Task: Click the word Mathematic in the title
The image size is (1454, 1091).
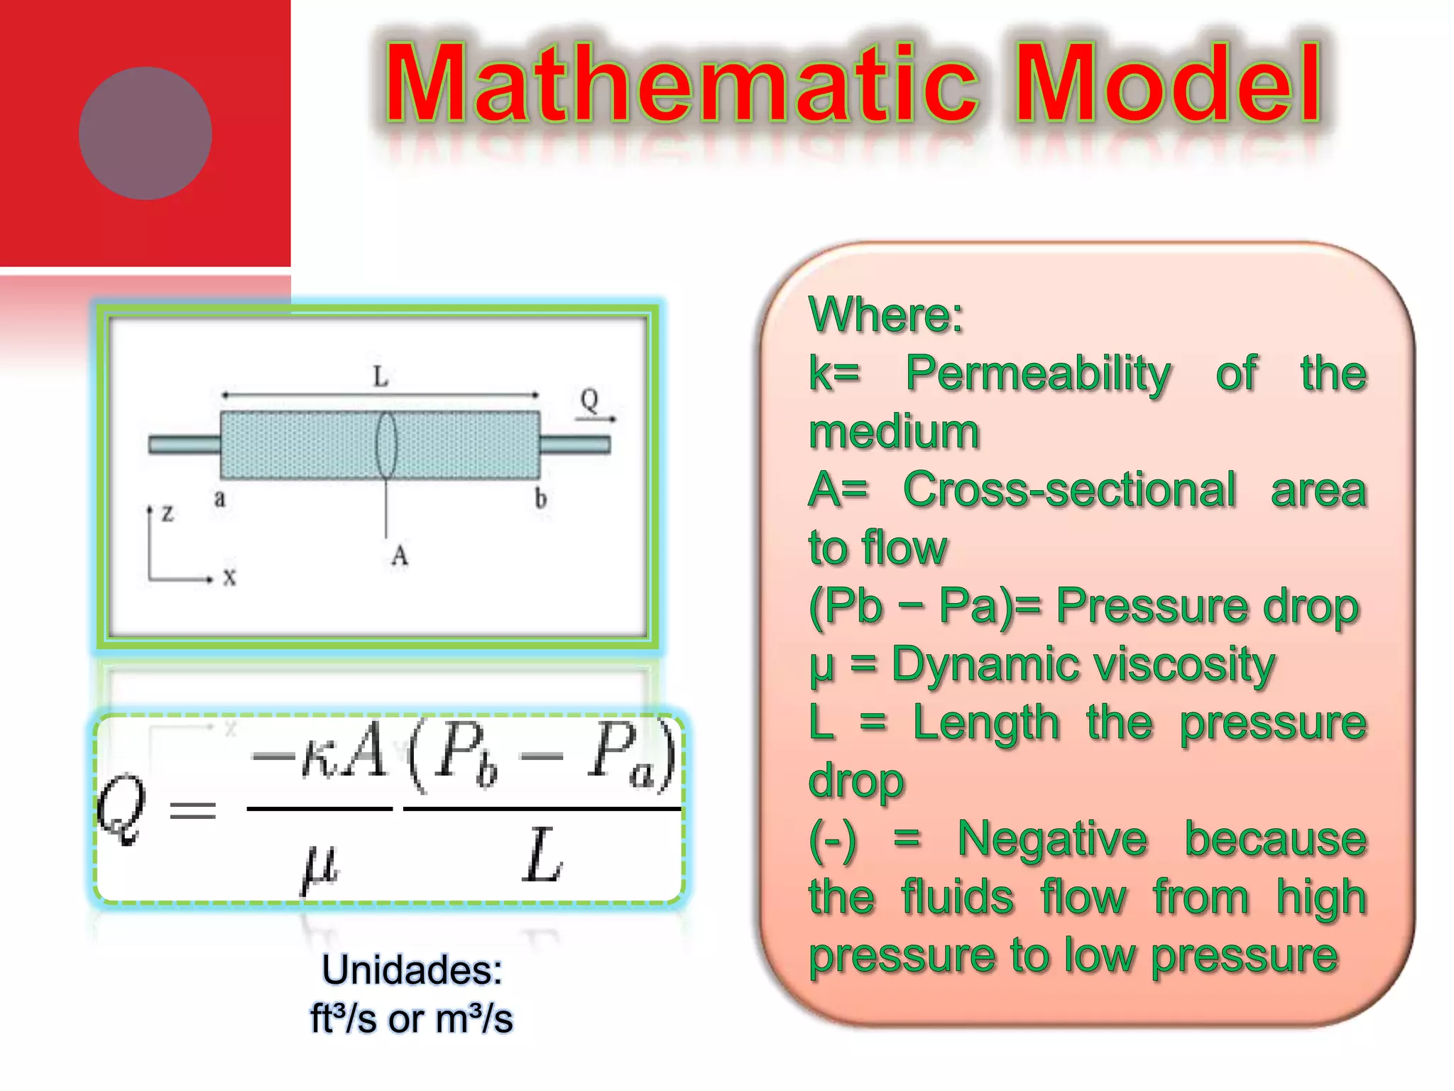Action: pos(682,84)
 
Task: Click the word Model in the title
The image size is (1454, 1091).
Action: pos(1168,84)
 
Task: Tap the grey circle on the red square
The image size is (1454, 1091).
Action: pos(146,134)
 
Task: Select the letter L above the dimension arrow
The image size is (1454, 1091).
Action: pos(381,376)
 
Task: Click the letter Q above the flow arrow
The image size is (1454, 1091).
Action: pos(589,400)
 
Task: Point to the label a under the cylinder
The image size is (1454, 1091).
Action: pos(220,499)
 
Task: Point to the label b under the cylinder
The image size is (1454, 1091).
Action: pos(541,499)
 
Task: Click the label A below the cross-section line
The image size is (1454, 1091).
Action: pos(400,555)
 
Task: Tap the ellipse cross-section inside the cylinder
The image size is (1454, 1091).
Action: pos(386,445)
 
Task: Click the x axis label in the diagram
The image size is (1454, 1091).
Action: pos(229,576)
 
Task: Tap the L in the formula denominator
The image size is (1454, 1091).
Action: pos(542,856)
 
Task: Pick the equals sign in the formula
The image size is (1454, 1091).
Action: pos(192,810)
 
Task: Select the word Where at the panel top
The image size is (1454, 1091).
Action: pos(885,315)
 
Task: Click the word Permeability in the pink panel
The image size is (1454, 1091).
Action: pos(1038,373)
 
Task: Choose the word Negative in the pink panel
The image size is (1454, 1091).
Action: pos(1052,839)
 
